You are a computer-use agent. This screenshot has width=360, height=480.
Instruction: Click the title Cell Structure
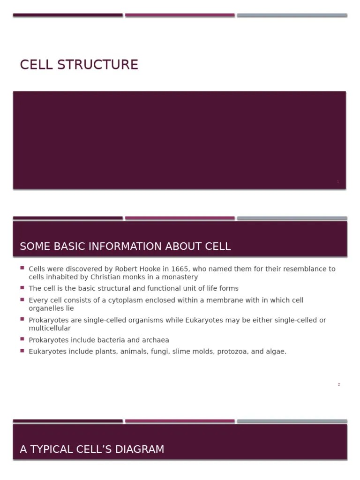[79, 65]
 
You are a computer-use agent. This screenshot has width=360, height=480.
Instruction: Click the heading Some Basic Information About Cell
[125, 247]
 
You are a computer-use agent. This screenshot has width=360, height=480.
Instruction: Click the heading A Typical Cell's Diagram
[92, 450]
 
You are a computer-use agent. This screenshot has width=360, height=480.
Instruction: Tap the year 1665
[180, 269]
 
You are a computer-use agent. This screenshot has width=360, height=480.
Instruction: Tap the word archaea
[156, 340]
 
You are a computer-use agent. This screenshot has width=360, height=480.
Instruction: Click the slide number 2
[338, 384]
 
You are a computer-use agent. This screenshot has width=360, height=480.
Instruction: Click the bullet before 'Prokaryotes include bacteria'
[22, 338]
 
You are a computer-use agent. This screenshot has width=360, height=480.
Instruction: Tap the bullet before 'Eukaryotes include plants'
[22, 350]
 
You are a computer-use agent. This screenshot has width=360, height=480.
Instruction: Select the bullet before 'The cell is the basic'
[22, 287]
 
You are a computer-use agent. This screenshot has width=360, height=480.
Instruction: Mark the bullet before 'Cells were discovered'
[22, 268]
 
